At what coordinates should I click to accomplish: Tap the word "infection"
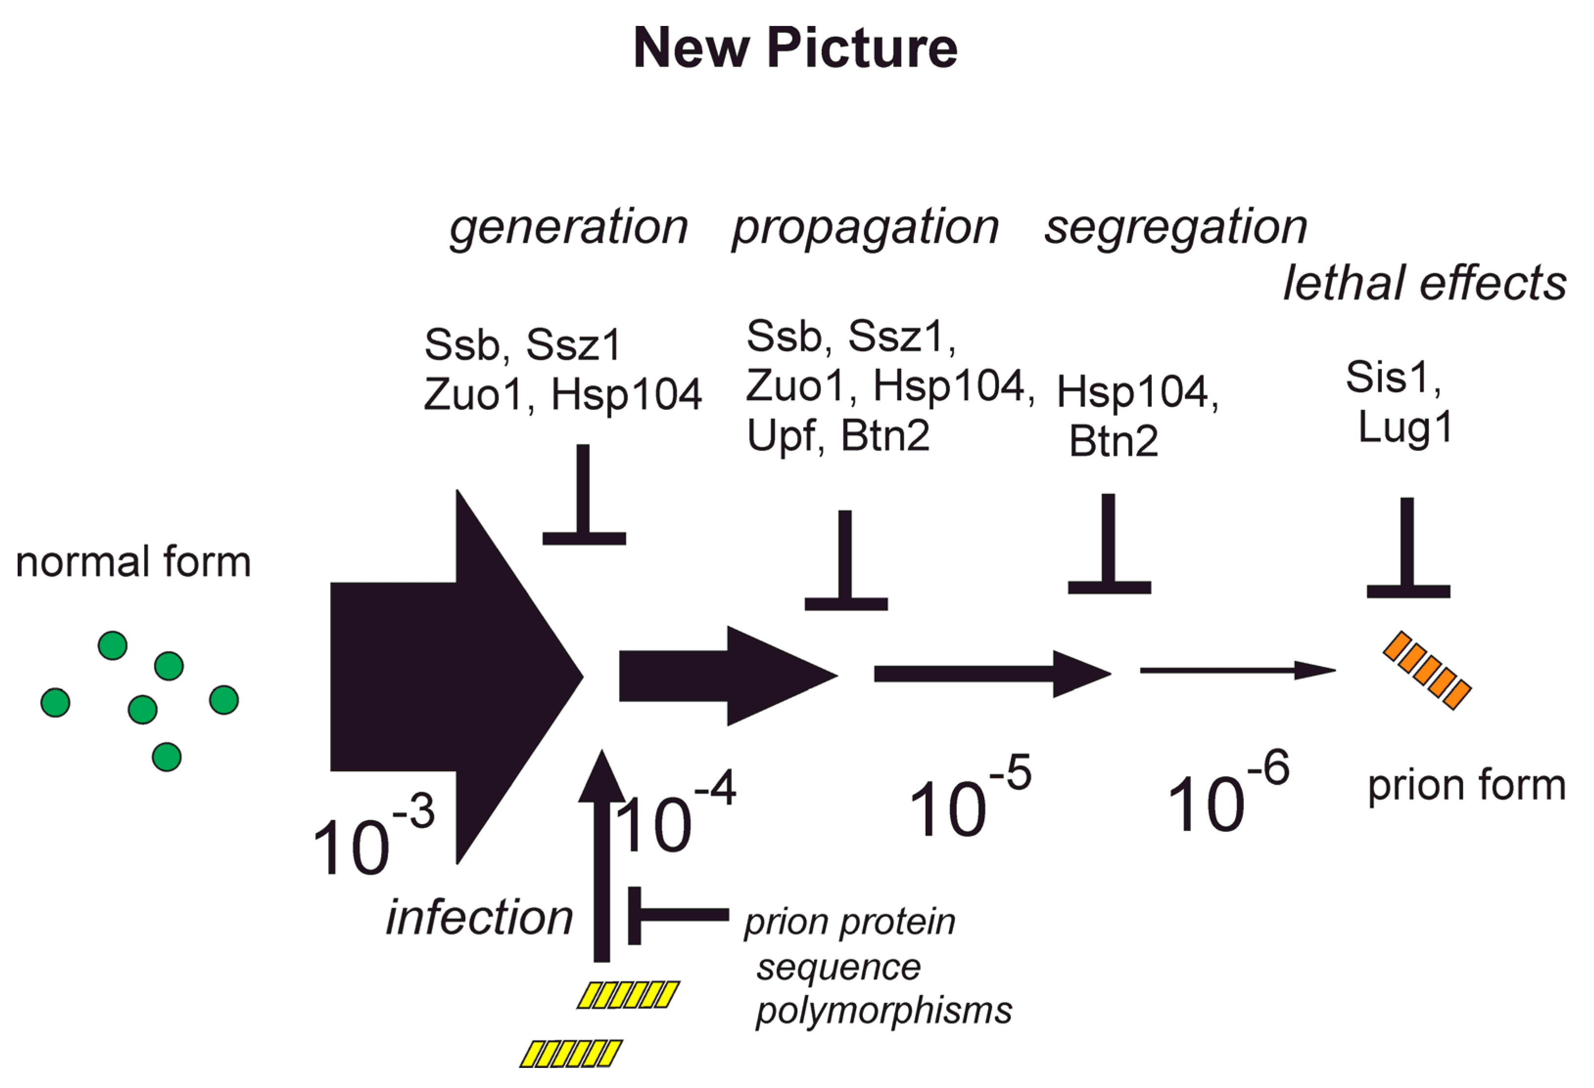coord(479,918)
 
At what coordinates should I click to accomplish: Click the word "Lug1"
coord(1405,429)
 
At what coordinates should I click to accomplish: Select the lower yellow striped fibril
coord(570,1053)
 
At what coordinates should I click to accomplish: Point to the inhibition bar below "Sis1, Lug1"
coord(1407,549)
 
